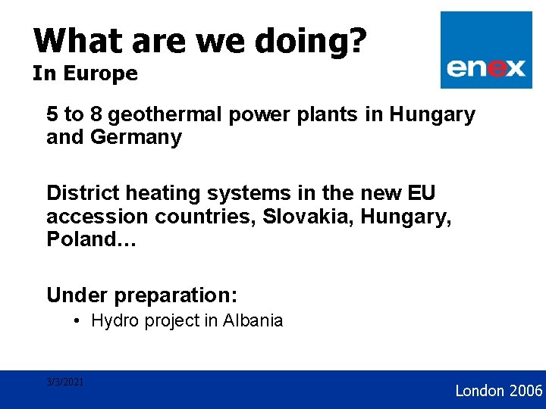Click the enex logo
(485, 51)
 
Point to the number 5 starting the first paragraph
(52, 115)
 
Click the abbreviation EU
(421, 193)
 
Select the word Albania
(253, 320)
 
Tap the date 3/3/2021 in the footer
(64, 382)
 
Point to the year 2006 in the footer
(526, 391)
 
